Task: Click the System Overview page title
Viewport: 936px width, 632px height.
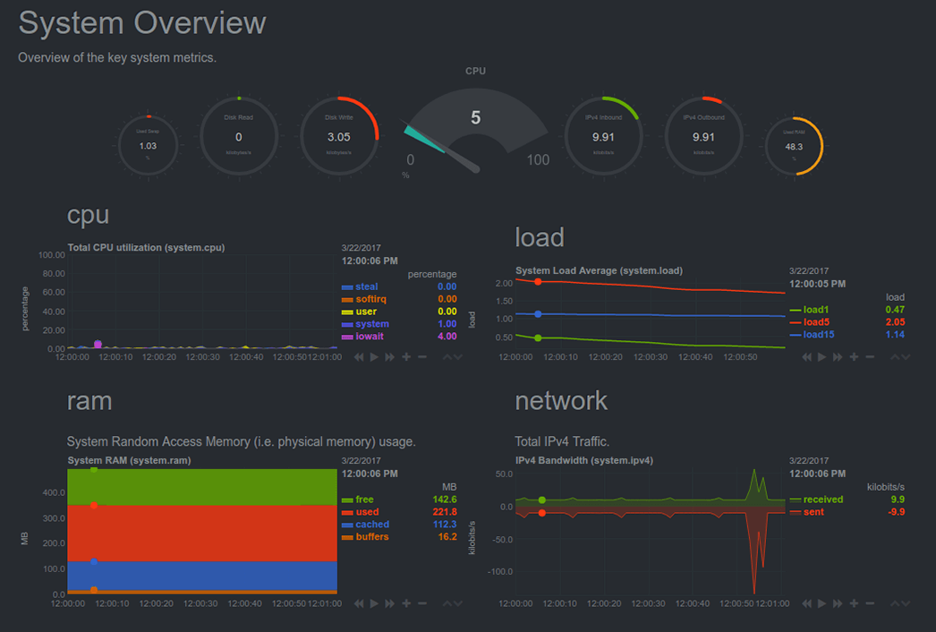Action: tap(142, 23)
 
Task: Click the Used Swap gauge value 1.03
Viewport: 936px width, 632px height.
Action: tap(149, 146)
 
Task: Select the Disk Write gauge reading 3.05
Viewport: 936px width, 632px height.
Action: tap(338, 137)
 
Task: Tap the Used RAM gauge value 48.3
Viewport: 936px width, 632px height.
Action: tap(794, 146)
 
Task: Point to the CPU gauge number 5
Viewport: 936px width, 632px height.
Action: tap(475, 117)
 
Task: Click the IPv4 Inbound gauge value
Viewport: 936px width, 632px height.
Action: tap(603, 137)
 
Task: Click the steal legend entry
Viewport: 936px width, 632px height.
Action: tap(367, 286)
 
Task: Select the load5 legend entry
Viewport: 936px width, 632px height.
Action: tap(816, 322)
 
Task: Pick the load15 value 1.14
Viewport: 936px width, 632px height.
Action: tap(894, 335)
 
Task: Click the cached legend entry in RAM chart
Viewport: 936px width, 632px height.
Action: tap(372, 525)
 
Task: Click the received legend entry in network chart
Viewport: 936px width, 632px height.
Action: tap(822, 500)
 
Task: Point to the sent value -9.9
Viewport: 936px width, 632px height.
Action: tap(896, 512)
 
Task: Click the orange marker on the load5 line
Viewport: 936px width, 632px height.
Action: tap(538, 282)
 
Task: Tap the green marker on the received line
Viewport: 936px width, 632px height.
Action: tap(542, 500)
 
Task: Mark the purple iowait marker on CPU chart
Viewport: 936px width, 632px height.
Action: tap(98, 344)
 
